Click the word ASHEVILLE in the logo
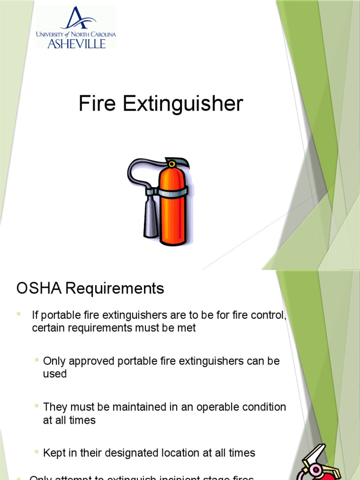(76, 43)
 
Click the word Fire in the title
(97, 104)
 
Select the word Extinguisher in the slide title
(183, 104)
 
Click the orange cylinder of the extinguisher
(173, 206)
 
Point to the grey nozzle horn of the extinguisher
(151, 216)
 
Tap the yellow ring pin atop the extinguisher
(172, 164)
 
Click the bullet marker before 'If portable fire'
(19, 313)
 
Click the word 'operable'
(216, 407)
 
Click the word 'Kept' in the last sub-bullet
(54, 453)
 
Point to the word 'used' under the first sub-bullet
(55, 374)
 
